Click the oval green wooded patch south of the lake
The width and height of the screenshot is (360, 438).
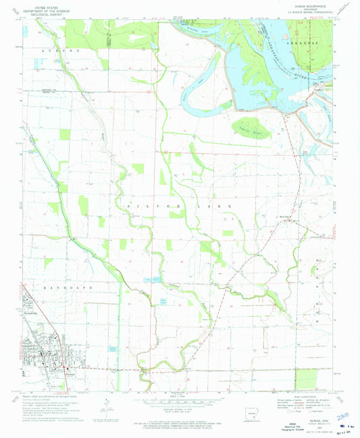253,126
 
